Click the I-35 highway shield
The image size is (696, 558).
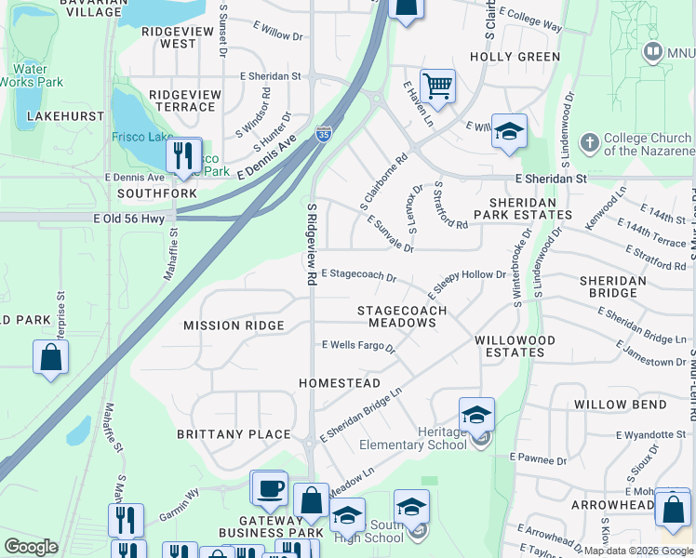coord(323,135)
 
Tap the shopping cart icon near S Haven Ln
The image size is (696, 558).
coord(437,86)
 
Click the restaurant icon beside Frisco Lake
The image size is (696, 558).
coord(184,155)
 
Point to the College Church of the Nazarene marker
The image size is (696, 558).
coord(589,143)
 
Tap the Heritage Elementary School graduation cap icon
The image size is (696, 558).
coord(476,415)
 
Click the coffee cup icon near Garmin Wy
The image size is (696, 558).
coord(270,487)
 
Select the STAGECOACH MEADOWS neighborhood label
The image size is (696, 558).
coord(402,316)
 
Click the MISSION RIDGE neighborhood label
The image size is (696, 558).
coord(233,325)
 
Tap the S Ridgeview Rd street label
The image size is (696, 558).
coord(310,246)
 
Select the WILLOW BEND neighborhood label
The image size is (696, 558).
coord(620,405)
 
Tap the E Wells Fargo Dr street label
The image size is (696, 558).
coord(358,345)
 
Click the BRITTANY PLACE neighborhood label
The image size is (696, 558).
coord(236,434)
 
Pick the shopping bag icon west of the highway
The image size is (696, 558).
coord(50,358)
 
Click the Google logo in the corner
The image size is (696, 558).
coord(31,547)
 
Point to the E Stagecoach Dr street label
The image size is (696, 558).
coord(359,276)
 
